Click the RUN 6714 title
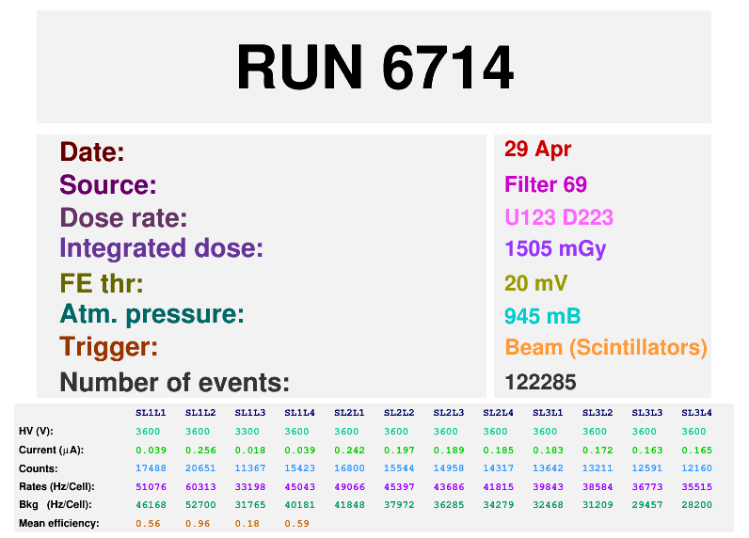374,68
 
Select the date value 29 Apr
537,149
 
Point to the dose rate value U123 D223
559,217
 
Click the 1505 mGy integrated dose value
555,249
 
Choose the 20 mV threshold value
536,283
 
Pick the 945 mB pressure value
542,315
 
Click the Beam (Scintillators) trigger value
605,347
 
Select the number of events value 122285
540,382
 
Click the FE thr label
101,283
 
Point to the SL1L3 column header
249,412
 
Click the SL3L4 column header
695,412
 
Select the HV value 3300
249,431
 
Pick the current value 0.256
199,450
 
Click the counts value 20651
199,467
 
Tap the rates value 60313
199,486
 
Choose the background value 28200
695,504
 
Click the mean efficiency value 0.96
199,523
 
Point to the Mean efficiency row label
58,523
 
